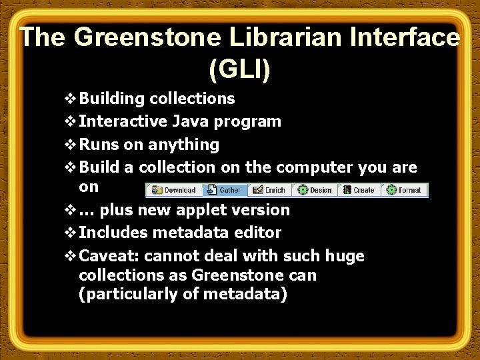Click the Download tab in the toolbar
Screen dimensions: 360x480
pos(174,190)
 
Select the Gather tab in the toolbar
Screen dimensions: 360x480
pos(225,190)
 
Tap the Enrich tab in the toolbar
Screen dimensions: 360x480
pos(269,190)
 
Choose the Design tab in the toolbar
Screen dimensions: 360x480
pos(315,190)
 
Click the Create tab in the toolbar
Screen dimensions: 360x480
pos(359,190)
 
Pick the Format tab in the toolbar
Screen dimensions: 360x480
pos(404,190)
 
